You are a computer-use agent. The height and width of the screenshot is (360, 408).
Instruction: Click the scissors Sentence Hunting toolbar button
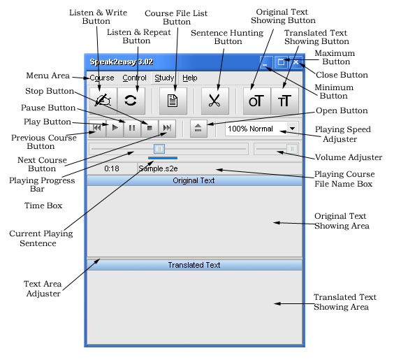tap(215, 101)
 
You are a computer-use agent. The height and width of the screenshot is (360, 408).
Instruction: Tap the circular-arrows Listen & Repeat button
tap(131, 101)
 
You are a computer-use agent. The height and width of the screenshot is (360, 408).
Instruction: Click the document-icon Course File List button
tap(173, 101)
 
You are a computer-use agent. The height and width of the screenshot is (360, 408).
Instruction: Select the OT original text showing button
tap(257, 101)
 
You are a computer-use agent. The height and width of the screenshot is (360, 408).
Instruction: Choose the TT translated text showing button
tap(284, 101)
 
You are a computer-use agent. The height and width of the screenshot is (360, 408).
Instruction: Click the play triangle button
tap(115, 128)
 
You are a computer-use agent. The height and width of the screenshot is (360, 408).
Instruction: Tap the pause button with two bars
tap(132, 128)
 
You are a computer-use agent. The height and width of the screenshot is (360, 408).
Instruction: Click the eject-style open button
tap(198, 128)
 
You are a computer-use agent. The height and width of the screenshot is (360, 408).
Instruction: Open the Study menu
tap(164, 78)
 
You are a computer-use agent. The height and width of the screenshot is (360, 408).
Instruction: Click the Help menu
tap(190, 78)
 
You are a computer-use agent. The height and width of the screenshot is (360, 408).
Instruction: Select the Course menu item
tap(102, 78)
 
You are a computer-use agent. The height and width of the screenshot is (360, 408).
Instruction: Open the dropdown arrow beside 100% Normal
tap(293, 129)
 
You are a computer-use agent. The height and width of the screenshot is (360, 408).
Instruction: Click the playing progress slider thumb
tap(159, 149)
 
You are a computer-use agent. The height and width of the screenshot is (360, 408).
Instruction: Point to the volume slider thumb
tap(292, 149)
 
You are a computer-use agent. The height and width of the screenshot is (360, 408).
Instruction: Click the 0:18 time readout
tap(112, 168)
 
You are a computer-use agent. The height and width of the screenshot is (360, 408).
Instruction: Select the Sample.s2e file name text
tap(158, 168)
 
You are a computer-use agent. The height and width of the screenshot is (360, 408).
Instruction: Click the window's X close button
tap(296, 62)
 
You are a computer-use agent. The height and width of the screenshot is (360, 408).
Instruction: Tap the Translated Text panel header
tap(194, 265)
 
